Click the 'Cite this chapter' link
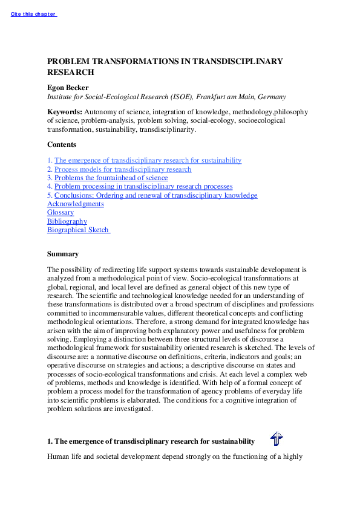click(33, 14)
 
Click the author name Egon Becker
click(68, 87)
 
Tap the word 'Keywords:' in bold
click(65, 112)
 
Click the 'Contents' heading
click(62, 144)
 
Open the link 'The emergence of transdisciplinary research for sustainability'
click(148, 160)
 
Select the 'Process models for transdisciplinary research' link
click(123, 169)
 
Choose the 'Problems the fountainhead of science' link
click(111, 178)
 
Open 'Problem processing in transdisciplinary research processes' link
click(143, 187)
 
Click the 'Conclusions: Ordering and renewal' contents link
click(155, 195)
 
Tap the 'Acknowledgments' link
click(76, 204)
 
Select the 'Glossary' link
click(61, 212)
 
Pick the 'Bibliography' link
click(67, 221)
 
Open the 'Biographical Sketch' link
click(78, 230)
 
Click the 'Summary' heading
click(62, 254)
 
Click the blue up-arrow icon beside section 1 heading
click(277, 439)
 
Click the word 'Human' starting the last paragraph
click(57, 458)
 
